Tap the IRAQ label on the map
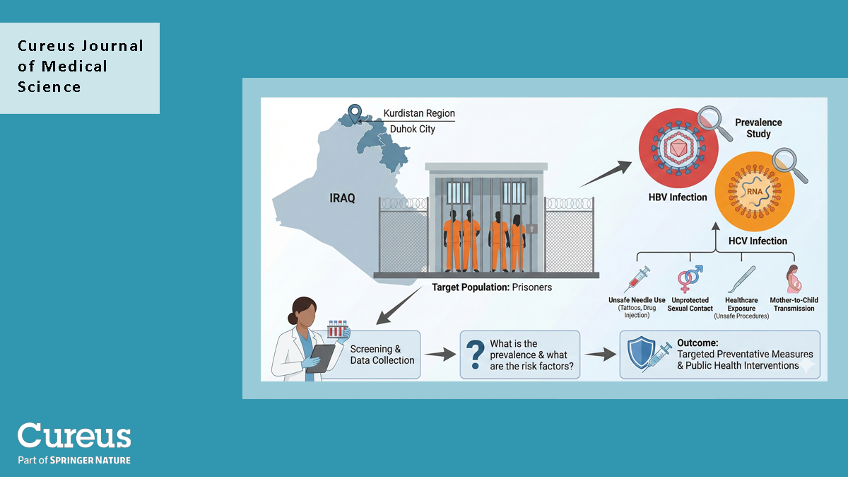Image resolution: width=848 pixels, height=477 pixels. [x=343, y=198]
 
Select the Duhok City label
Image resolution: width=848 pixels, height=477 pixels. [x=413, y=130]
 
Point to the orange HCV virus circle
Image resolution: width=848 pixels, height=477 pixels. [x=750, y=190]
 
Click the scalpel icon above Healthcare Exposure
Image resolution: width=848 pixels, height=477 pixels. [x=741, y=278]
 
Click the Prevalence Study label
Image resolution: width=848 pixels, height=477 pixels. [x=758, y=128]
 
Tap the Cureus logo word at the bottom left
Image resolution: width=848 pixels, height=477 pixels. [x=74, y=436]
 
